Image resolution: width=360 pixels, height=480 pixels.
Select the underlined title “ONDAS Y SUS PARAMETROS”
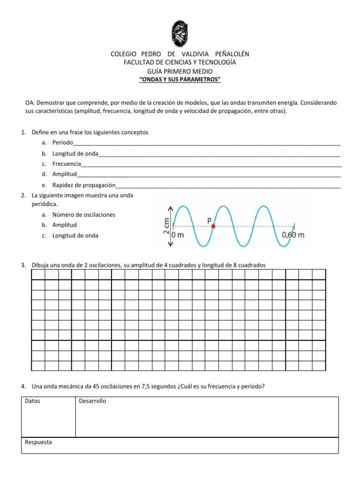tap(180, 80)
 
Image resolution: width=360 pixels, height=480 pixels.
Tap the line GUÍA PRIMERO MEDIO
tap(180, 71)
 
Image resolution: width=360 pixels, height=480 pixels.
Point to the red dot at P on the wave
tap(213, 226)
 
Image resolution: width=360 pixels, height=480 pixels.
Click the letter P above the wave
tap(209, 219)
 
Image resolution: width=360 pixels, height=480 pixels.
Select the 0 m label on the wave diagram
tap(178, 235)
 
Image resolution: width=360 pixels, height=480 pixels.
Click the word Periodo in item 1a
tap(63, 142)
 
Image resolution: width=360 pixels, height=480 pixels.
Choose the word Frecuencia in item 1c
tap(67, 164)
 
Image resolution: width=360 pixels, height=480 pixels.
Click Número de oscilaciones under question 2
tap(83, 215)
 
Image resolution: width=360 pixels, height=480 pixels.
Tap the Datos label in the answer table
tap(32, 401)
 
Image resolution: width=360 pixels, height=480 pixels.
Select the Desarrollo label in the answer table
tap(92, 401)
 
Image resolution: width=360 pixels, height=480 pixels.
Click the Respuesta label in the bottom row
tap(38, 442)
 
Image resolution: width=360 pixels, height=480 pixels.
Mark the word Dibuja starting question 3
tap(41, 265)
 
